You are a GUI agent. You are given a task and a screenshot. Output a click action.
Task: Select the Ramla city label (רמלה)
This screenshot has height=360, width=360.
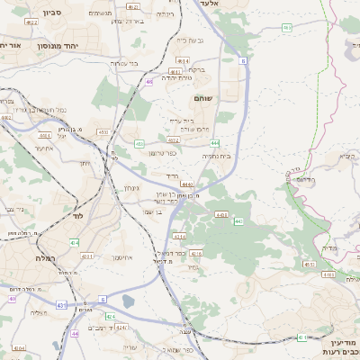[46, 258]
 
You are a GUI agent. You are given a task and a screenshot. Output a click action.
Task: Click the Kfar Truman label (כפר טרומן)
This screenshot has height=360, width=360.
[163, 153]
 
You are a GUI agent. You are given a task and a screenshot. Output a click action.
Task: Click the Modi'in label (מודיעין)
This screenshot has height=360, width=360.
[344, 343]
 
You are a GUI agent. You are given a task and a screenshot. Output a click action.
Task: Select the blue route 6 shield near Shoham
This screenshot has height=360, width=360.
[243, 61]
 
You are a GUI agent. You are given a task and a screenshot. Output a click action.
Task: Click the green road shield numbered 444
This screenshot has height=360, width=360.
[215, 143]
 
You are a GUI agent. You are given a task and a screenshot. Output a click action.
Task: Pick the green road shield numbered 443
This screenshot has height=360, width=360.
[238, 220]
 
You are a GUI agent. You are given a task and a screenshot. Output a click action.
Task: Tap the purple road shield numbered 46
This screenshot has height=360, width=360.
[148, 82]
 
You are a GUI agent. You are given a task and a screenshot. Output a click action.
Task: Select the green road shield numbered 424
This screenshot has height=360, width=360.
[110, 317]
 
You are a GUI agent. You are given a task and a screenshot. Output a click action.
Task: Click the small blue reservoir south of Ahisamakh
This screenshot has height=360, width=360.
[128, 301]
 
